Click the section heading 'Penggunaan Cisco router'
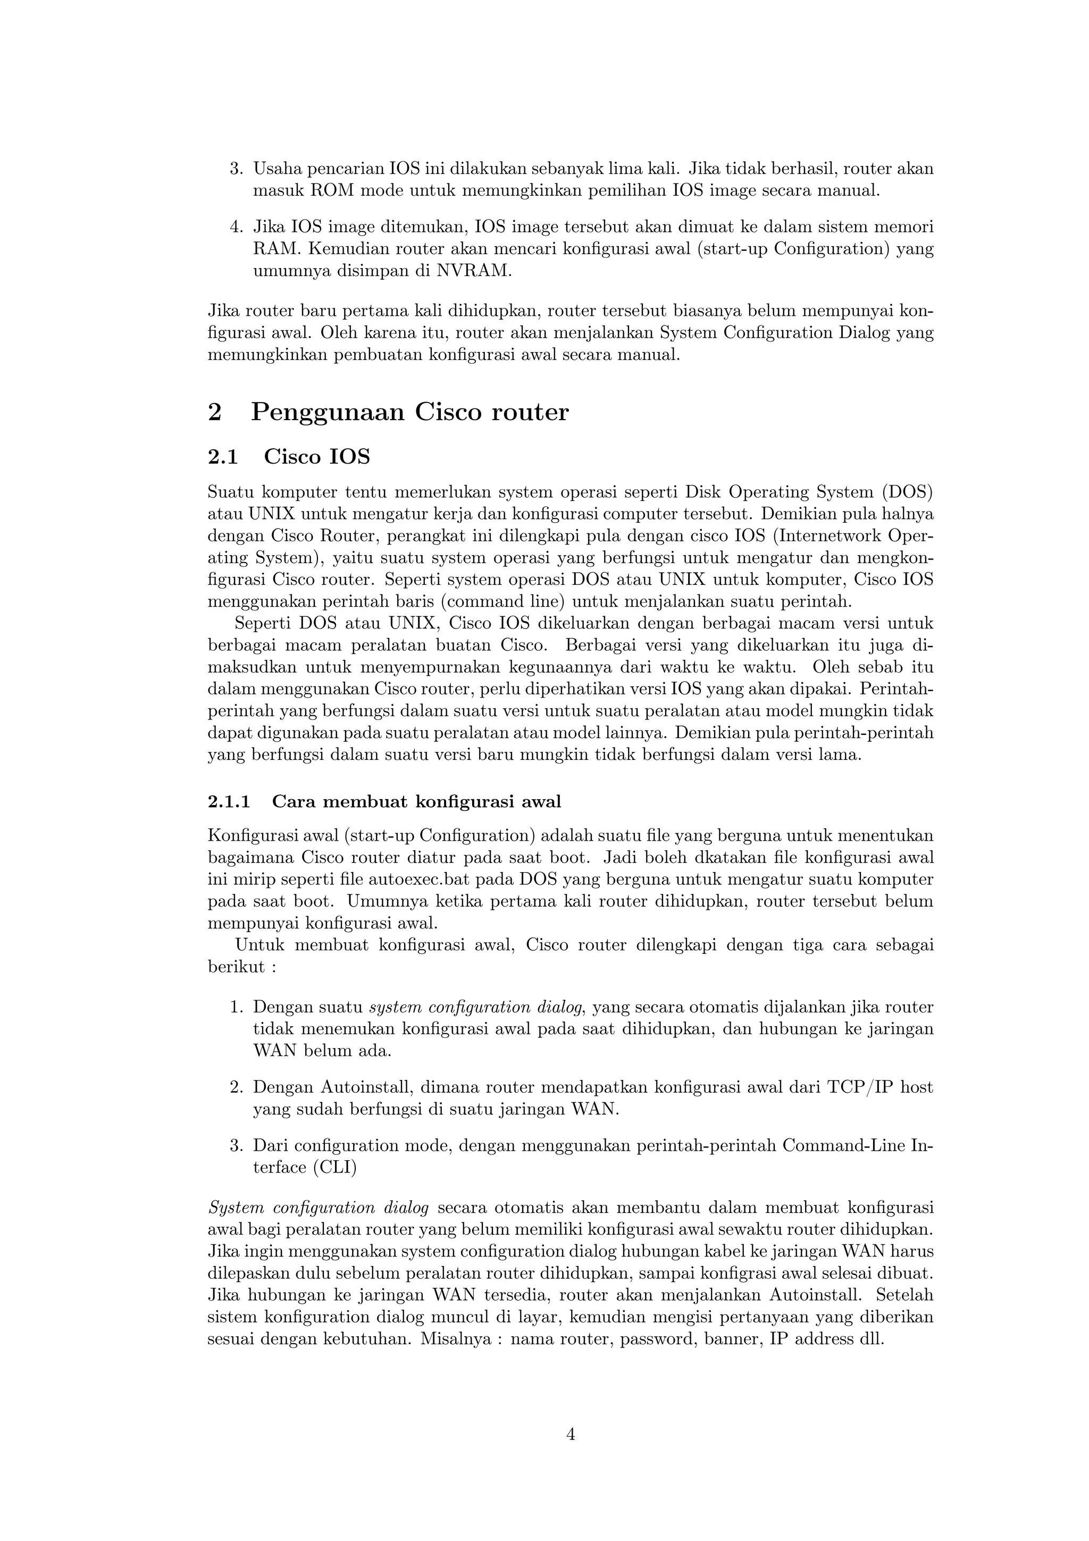tap(409, 412)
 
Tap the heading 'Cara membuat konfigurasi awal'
tap(416, 801)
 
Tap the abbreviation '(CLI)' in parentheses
tap(335, 1167)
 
